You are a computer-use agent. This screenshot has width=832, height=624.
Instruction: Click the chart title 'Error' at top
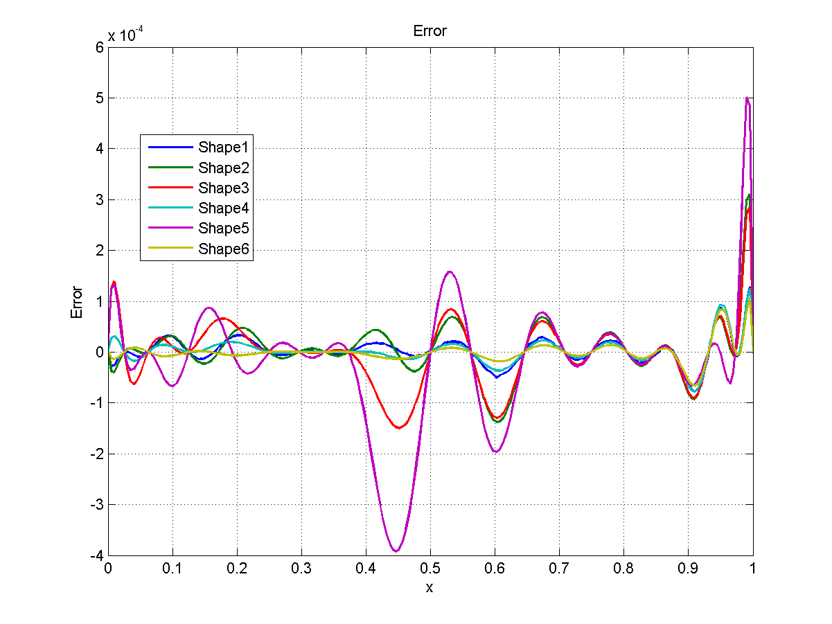click(x=430, y=31)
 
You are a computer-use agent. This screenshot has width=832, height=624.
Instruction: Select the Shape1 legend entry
click(x=223, y=147)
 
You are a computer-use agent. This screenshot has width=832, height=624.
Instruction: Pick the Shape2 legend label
click(x=223, y=168)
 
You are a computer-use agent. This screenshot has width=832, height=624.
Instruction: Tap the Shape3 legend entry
click(x=223, y=188)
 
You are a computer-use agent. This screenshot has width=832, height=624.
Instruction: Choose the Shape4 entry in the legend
click(x=223, y=208)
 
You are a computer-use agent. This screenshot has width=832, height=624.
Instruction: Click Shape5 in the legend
click(x=223, y=228)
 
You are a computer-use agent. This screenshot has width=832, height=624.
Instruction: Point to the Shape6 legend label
click(x=223, y=249)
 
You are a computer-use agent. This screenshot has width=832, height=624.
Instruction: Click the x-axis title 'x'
click(x=430, y=588)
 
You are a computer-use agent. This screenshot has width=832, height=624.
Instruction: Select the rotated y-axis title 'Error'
click(x=77, y=302)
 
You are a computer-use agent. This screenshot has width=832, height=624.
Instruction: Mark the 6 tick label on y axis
click(x=99, y=47)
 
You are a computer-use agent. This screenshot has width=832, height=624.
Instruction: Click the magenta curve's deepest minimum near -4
click(x=396, y=551)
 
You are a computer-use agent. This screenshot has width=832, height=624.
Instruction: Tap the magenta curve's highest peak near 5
click(x=746, y=98)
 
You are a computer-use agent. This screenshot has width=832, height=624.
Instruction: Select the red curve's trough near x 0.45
click(x=399, y=428)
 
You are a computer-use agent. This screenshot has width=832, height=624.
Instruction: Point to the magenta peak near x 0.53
click(x=450, y=271)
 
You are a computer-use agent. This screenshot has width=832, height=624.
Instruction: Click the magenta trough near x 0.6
click(x=495, y=452)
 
